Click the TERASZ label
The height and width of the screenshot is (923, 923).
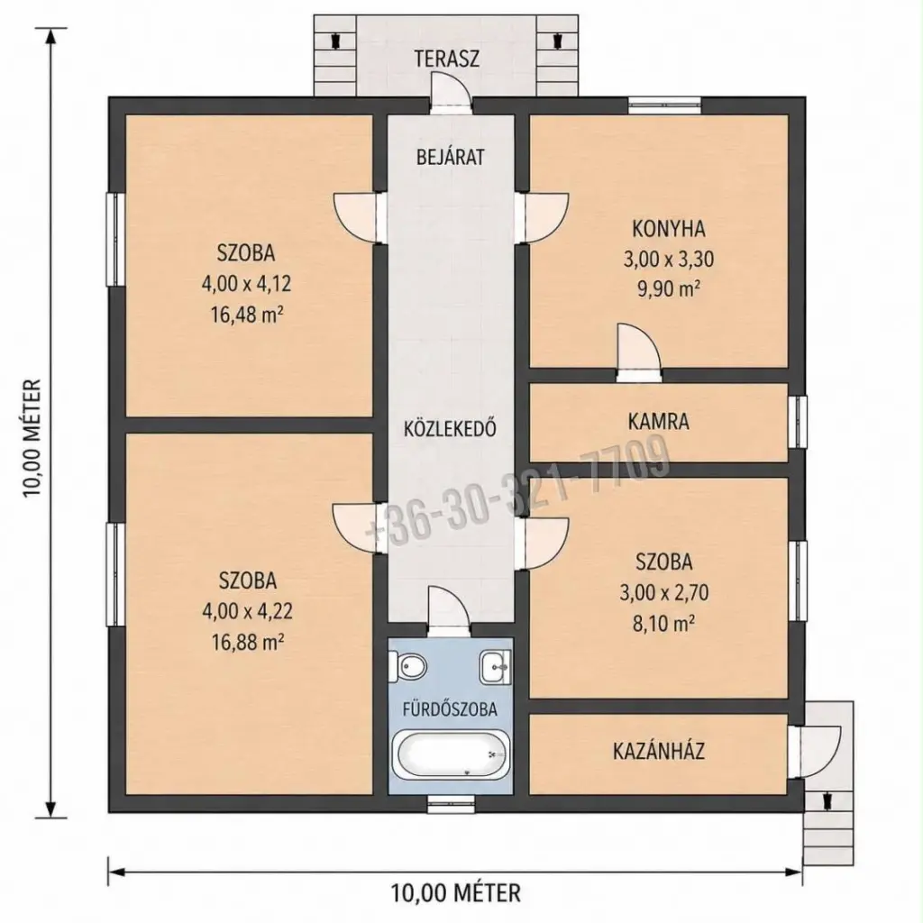[x=447, y=59]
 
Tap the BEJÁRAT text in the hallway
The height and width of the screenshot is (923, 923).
[x=451, y=157]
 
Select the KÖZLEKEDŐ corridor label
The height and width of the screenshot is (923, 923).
[x=451, y=428]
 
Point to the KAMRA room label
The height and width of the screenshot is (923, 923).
[x=658, y=422]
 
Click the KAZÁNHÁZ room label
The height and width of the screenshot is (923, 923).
[x=659, y=751]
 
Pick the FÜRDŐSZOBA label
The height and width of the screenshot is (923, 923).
[x=451, y=708]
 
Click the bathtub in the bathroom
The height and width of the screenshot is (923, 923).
[x=451, y=755]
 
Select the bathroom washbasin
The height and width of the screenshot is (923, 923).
[x=496, y=668]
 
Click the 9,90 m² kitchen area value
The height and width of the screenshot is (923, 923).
[x=669, y=289]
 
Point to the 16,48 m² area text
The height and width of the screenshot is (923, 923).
[x=247, y=315]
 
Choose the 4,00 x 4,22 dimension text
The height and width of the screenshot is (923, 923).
[x=247, y=611]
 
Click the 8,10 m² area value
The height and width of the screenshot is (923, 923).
[x=663, y=624]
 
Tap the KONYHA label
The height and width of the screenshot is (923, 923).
[x=669, y=228]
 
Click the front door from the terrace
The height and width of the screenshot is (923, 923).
[x=451, y=92]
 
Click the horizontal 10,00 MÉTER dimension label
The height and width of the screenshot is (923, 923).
[x=456, y=892]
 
